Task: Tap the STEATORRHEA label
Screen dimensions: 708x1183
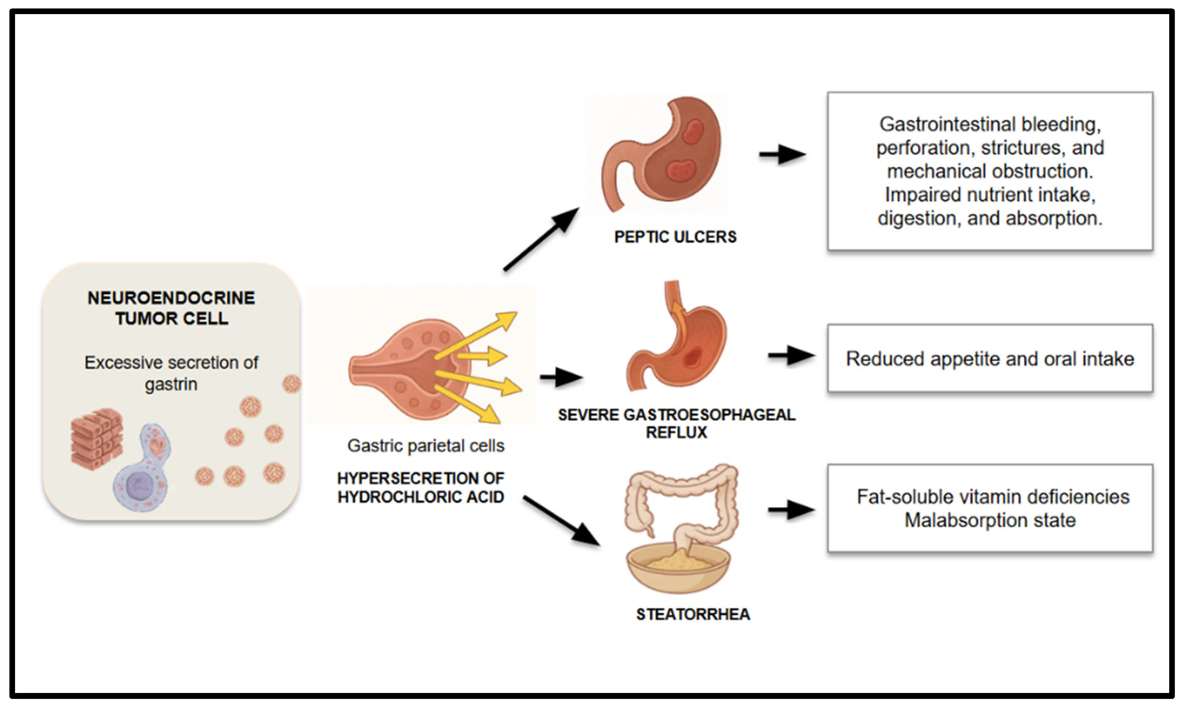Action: pos(693,614)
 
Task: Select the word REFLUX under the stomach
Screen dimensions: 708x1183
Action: pos(676,432)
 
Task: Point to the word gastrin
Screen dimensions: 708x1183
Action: pos(171,384)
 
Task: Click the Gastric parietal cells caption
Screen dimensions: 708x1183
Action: pos(425,445)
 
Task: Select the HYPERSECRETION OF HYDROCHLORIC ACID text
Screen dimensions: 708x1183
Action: pos(421,487)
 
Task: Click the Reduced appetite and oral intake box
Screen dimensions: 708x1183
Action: pos(990,359)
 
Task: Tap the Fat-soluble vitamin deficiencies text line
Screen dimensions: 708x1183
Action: pos(992,497)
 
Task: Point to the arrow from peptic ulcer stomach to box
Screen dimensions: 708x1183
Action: pos(782,154)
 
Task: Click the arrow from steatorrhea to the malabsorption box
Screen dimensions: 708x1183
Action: pos(791,510)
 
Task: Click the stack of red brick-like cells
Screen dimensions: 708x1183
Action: pos(97,439)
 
